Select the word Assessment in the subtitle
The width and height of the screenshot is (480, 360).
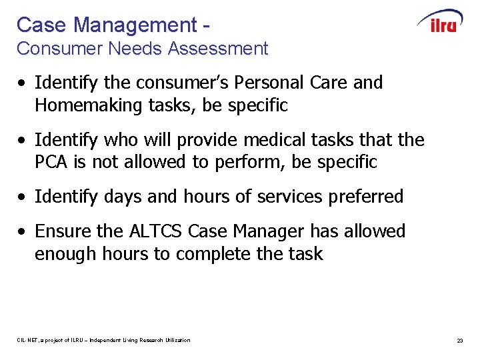(218, 49)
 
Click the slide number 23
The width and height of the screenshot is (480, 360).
(459, 341)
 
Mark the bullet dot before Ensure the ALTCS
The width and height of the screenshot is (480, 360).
(23, 232)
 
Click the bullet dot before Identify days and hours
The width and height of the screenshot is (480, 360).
(23, 197)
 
